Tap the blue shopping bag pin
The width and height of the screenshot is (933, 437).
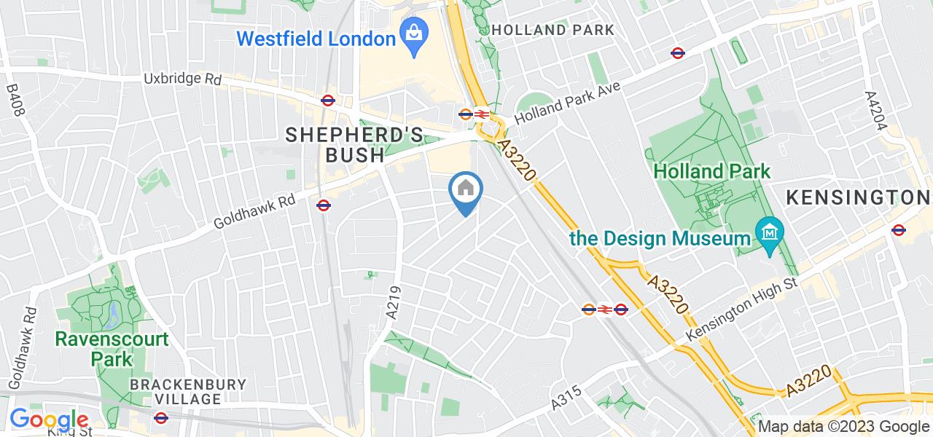[414, 36]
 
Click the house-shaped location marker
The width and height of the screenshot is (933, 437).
[466, 191]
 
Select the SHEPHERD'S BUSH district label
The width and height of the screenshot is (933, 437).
[354, 144]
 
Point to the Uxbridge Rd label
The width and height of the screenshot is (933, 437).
[182, 79]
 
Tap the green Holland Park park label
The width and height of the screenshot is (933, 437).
[711, 172]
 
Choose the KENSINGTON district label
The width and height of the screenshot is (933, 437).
[857, 197]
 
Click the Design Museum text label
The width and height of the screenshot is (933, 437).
[660, 238]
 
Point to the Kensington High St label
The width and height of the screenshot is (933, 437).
[743, 310]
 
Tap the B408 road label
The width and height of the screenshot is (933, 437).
[15, 101]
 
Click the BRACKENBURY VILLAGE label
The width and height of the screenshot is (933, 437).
[188, 391]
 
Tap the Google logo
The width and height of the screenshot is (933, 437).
[49, 420]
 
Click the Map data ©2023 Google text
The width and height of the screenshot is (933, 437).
[844, 427]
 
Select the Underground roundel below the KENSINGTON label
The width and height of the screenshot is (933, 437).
[898, 230]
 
